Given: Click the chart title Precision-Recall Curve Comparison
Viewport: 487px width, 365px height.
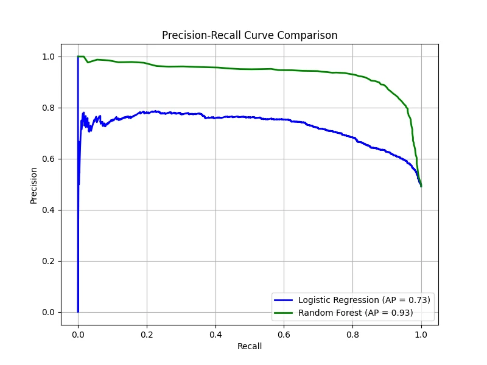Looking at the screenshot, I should point(250,35).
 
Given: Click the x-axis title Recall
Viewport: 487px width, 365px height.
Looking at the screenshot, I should point(250,346).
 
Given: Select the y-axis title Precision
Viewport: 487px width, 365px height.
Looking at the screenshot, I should point(34,185).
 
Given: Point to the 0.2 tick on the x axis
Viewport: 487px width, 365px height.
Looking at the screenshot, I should point(147,334).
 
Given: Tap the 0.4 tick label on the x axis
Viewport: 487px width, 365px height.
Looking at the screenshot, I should point(215,334).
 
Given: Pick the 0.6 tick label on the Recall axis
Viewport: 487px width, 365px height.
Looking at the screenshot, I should point(284,334).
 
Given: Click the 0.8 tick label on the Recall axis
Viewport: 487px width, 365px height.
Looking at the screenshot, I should point(352,334).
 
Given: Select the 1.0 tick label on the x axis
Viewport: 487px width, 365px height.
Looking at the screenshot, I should point(421,334).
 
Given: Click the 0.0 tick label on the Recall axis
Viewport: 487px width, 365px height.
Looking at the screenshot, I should point(78,334).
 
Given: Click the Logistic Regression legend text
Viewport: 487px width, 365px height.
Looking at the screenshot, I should point(364,300).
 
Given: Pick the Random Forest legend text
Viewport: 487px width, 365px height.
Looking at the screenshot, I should point(356,313).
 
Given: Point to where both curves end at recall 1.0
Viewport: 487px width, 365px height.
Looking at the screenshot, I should point(421,186).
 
